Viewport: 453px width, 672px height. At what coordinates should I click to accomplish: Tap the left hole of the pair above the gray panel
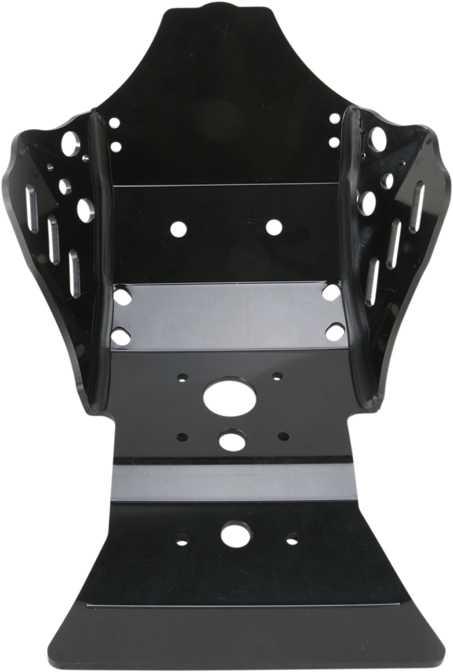click(x=179, y=228)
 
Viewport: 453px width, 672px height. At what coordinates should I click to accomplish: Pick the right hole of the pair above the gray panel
click(x=274, y=227)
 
